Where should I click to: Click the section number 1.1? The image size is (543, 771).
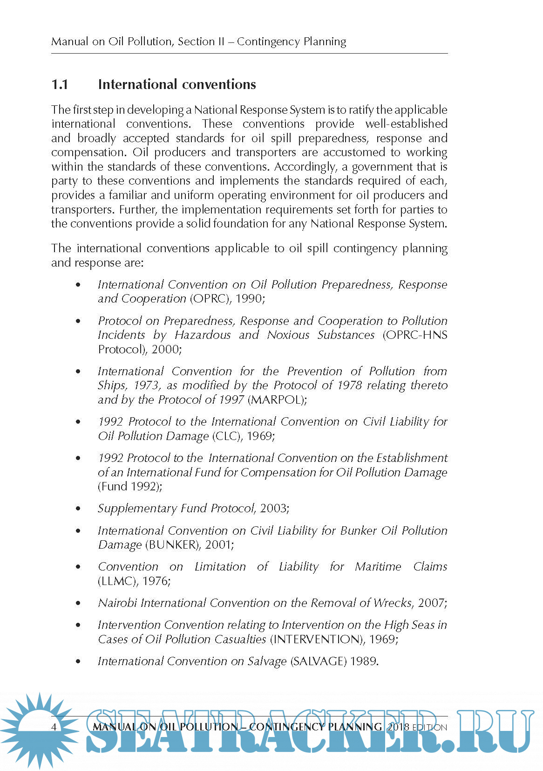[x=60, y=84]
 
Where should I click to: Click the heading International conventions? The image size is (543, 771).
[x=177, y=84]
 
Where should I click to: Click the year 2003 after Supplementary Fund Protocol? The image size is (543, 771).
[x=273, y=508]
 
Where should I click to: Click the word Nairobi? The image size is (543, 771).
[x=117, y=603]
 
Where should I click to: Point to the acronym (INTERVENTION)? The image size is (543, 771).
[x=317, y=639]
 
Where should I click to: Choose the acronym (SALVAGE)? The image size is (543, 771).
[x=319, y=661]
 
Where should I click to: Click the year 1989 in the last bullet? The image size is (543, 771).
[x=364, y=661]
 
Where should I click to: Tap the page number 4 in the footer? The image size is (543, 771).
[x=54, y=727]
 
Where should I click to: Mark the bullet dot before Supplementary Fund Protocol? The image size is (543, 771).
[x=78, y=509]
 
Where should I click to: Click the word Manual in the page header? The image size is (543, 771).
[x=70, y=41]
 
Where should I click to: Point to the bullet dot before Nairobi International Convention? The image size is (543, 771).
[x=78, y=603]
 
